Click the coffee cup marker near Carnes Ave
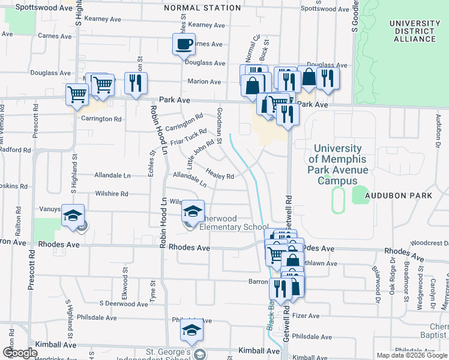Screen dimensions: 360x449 pos(184,43)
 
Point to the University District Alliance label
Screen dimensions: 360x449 pos(414,31)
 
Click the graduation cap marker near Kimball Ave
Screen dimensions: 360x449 pos(191,330)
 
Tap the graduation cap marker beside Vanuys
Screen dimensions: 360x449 pos(72,216)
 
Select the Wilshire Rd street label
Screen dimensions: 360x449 pos(111,194)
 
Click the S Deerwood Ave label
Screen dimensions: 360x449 pos(124,304)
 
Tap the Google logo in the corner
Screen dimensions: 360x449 pos(20,353)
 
